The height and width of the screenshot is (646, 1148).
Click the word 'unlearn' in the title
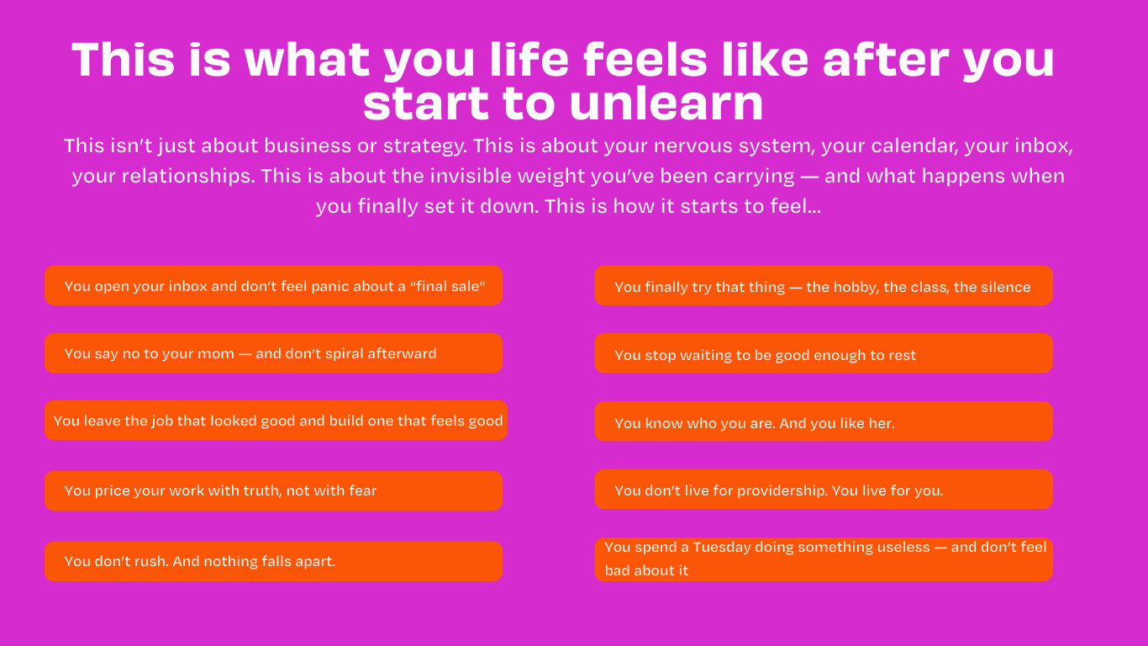click(x=666, y=103)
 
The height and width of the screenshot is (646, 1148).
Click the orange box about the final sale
click(x=273, y=285)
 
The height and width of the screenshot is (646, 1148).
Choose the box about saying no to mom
click(x=273, y=353)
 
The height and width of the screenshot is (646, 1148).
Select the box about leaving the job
click(x=276, y=421)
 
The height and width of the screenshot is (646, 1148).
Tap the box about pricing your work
click(x=273, y=490)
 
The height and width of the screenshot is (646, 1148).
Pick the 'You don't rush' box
click(x=273, y=561)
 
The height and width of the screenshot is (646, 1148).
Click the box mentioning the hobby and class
click(x=824, y=285)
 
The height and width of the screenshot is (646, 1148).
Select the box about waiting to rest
click(x=824, y=353)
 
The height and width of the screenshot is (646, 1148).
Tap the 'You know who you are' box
click(x=824, y=421)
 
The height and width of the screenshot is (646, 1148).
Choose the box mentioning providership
click(x=824, y=490)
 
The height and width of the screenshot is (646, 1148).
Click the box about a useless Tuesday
click(x=824, y=559)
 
